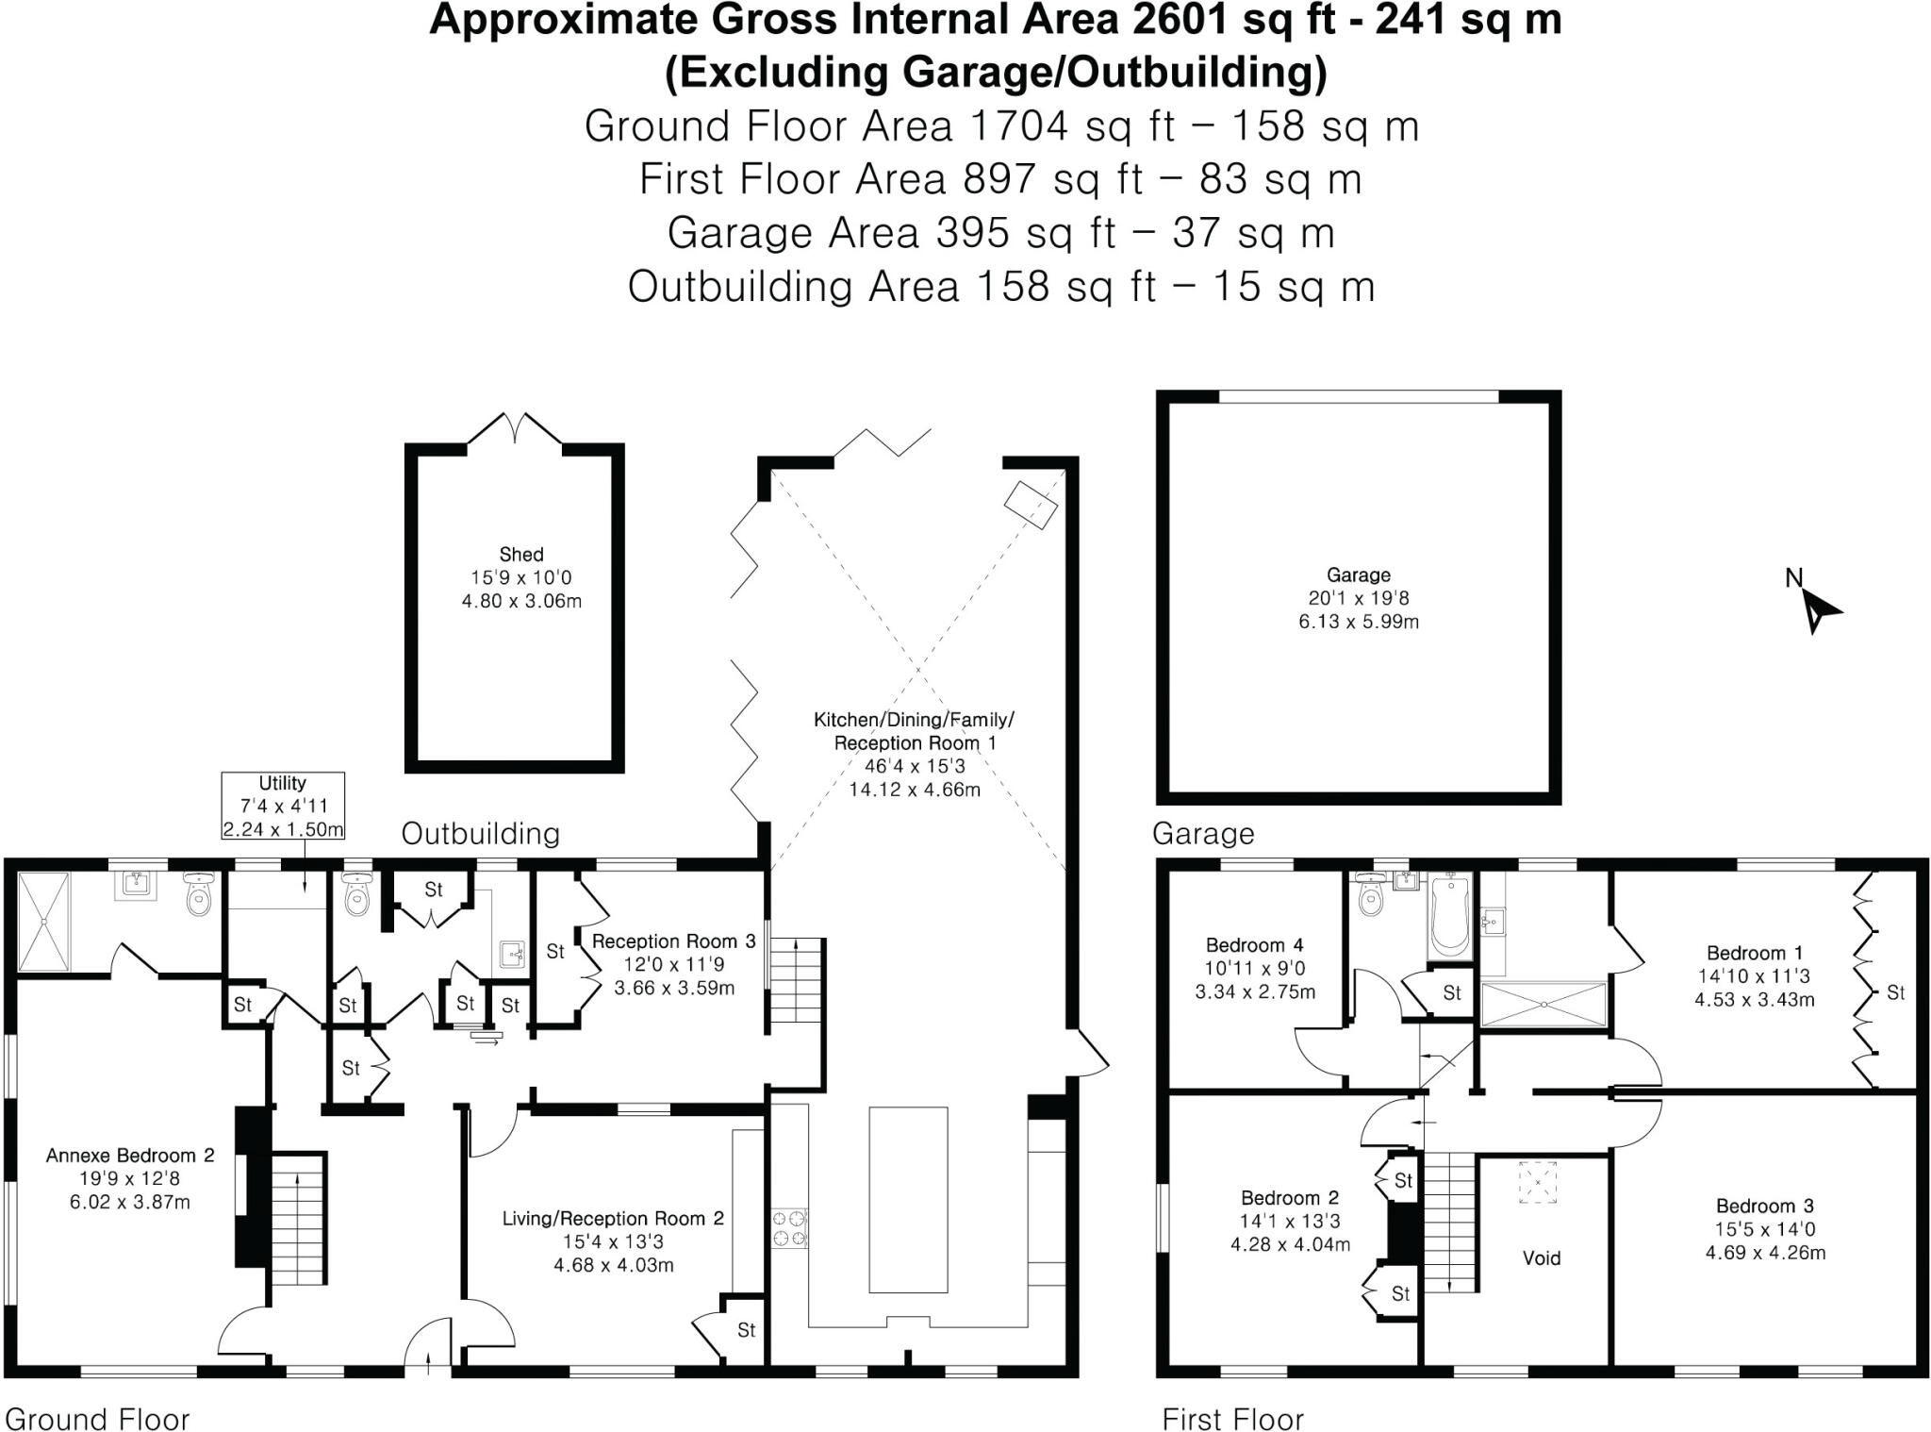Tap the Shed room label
tap(521, 555)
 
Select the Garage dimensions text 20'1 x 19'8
tap(1359, 598)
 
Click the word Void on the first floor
tap(1542, 1257)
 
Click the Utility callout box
tap(283, 806)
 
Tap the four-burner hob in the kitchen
tap(790, 1228)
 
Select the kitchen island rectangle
tap(908, 1199)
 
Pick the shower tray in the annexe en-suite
tap(44, 922)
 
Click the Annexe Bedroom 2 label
tap(130, 1155)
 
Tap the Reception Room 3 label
tap(673, 941)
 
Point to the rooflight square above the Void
tap(1539, 1182)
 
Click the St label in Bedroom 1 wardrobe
tap(1895, 992)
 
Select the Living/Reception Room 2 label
tap(613, 1218)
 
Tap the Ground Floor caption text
tap(97, 1419)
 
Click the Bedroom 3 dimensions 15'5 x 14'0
tap(1765, 1229)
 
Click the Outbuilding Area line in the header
tap(1000, 287)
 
